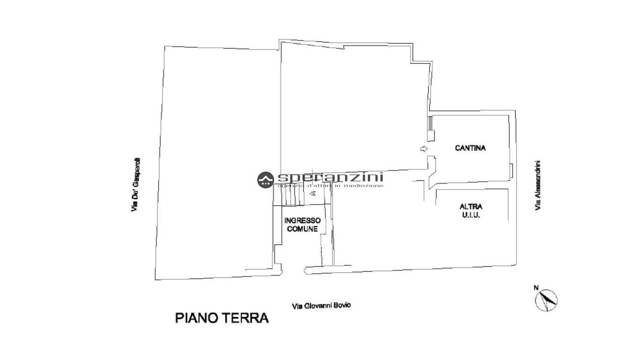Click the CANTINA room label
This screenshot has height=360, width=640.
click(x=470, y=148)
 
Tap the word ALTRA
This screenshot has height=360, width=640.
click(x=471, y=206)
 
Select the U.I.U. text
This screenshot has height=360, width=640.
click(x=471, y=215)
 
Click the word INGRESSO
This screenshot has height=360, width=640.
click(x=303, y=220)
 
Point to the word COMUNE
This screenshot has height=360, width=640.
click(x=302, y=229)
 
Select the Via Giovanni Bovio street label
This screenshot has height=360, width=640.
click(x=321, y=306)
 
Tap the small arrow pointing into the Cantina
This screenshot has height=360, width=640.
click(x=424, y=149)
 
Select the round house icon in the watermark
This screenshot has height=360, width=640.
click(x=265, y=180)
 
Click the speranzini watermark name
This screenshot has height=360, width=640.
click(x=330, y=177)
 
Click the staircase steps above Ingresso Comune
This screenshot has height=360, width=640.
click(x=290, y=197)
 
